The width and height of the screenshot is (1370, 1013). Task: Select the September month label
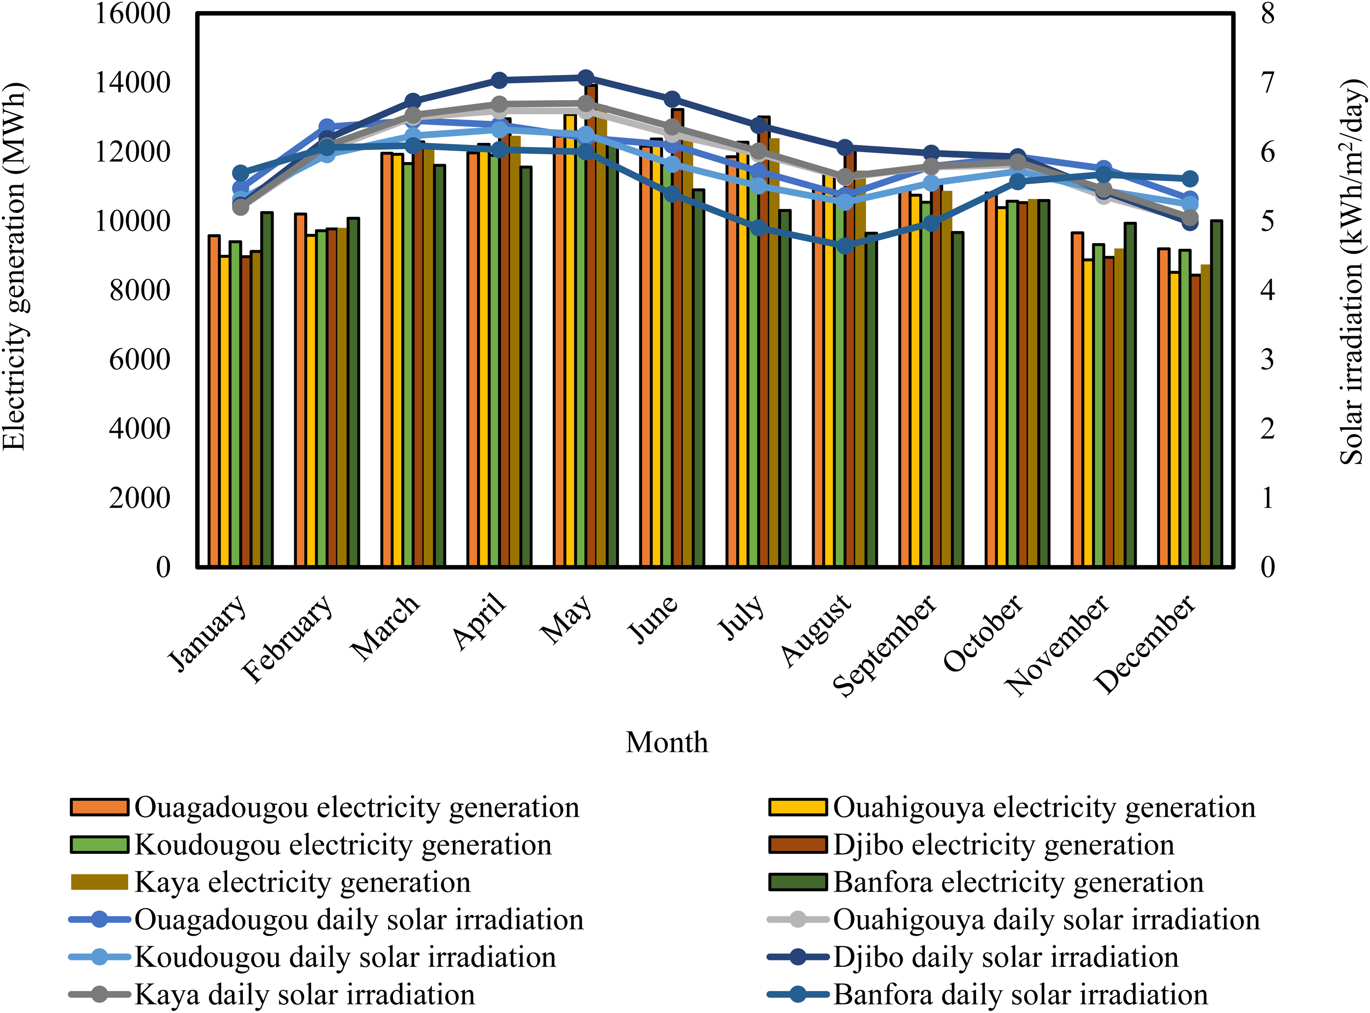(885, 646)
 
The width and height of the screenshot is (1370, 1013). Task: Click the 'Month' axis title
(667, 742)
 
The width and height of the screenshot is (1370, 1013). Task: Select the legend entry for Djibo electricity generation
(972, 845)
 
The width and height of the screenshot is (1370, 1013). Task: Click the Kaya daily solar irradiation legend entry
(272, 995)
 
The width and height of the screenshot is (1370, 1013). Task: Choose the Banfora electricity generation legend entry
(986, 882)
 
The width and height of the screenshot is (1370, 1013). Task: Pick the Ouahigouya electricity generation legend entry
(1012, 808)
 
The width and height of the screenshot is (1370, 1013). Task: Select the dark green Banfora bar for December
(1217, 394)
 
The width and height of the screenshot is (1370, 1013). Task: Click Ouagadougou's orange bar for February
(301, 390)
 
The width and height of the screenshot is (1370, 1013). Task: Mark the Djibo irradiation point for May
(586, 77)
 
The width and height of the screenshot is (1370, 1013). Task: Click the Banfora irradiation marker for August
(846, 246)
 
